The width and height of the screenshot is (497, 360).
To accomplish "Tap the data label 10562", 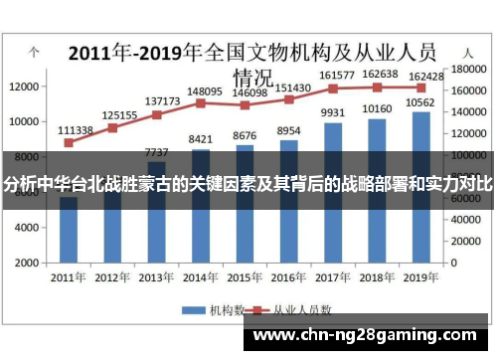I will coord(421,102).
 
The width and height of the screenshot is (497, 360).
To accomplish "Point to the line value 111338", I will coord(76,130).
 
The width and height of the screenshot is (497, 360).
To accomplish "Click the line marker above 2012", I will coord(112,127).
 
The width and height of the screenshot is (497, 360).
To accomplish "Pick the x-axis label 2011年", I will coord(68,277).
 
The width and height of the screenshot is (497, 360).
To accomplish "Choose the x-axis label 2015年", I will coord(245,277).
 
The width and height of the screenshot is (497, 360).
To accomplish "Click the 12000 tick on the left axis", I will coord(23,87).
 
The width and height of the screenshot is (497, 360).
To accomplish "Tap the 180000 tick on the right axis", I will coord(464,70).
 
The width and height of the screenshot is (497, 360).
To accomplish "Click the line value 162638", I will coord(381,74).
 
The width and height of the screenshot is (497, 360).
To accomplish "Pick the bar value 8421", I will coord(200,139).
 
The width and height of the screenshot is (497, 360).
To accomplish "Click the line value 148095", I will coord(203,90).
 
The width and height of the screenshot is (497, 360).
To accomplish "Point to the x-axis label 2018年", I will coord(377,277).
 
